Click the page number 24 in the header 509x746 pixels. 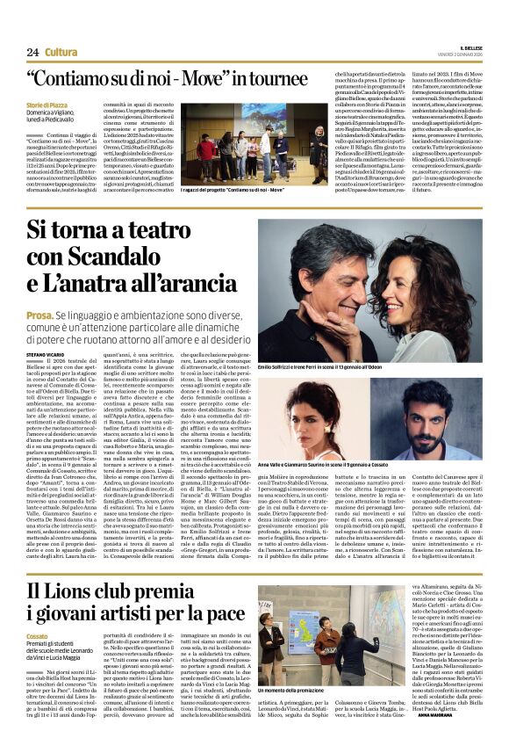point(32,53)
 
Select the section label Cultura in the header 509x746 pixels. point(61,53)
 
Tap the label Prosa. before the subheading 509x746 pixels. point(40,313)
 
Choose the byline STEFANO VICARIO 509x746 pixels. point(50,354)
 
